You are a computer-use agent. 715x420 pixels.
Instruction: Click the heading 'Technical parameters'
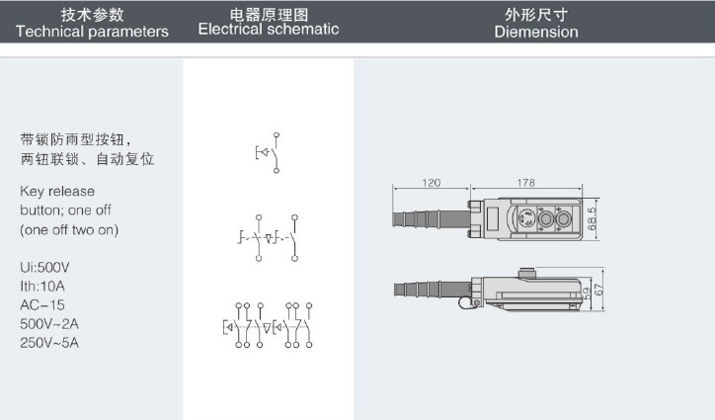pos(92,32)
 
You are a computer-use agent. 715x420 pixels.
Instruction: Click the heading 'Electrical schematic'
pos(268,30)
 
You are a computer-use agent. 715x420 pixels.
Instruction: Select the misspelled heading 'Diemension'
pos(536,32)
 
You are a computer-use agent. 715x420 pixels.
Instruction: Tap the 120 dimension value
pos(430,183)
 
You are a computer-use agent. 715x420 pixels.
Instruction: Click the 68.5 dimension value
pos(591,218)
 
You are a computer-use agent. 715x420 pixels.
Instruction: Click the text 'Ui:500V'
pos(44,268)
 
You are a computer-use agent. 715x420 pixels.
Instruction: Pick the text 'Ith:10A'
pos(43,287)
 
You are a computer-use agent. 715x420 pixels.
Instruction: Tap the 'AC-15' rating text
pos(41,305)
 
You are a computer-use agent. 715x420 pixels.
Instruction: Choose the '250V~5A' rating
pos(49,343)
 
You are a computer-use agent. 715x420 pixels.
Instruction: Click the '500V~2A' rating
pos(49,324)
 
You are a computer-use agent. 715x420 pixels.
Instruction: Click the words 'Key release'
pos(57,192)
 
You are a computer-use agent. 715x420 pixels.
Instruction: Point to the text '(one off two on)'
pos(69,229)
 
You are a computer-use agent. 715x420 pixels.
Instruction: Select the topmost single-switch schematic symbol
pos(269,151)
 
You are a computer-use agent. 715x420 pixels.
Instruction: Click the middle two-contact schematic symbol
pos(269,237)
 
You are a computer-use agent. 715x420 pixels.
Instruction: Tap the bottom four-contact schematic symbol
pos(269,325)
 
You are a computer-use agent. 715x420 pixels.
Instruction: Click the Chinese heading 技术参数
pos(92,14)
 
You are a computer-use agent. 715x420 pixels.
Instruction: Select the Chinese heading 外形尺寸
pos(536,14)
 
